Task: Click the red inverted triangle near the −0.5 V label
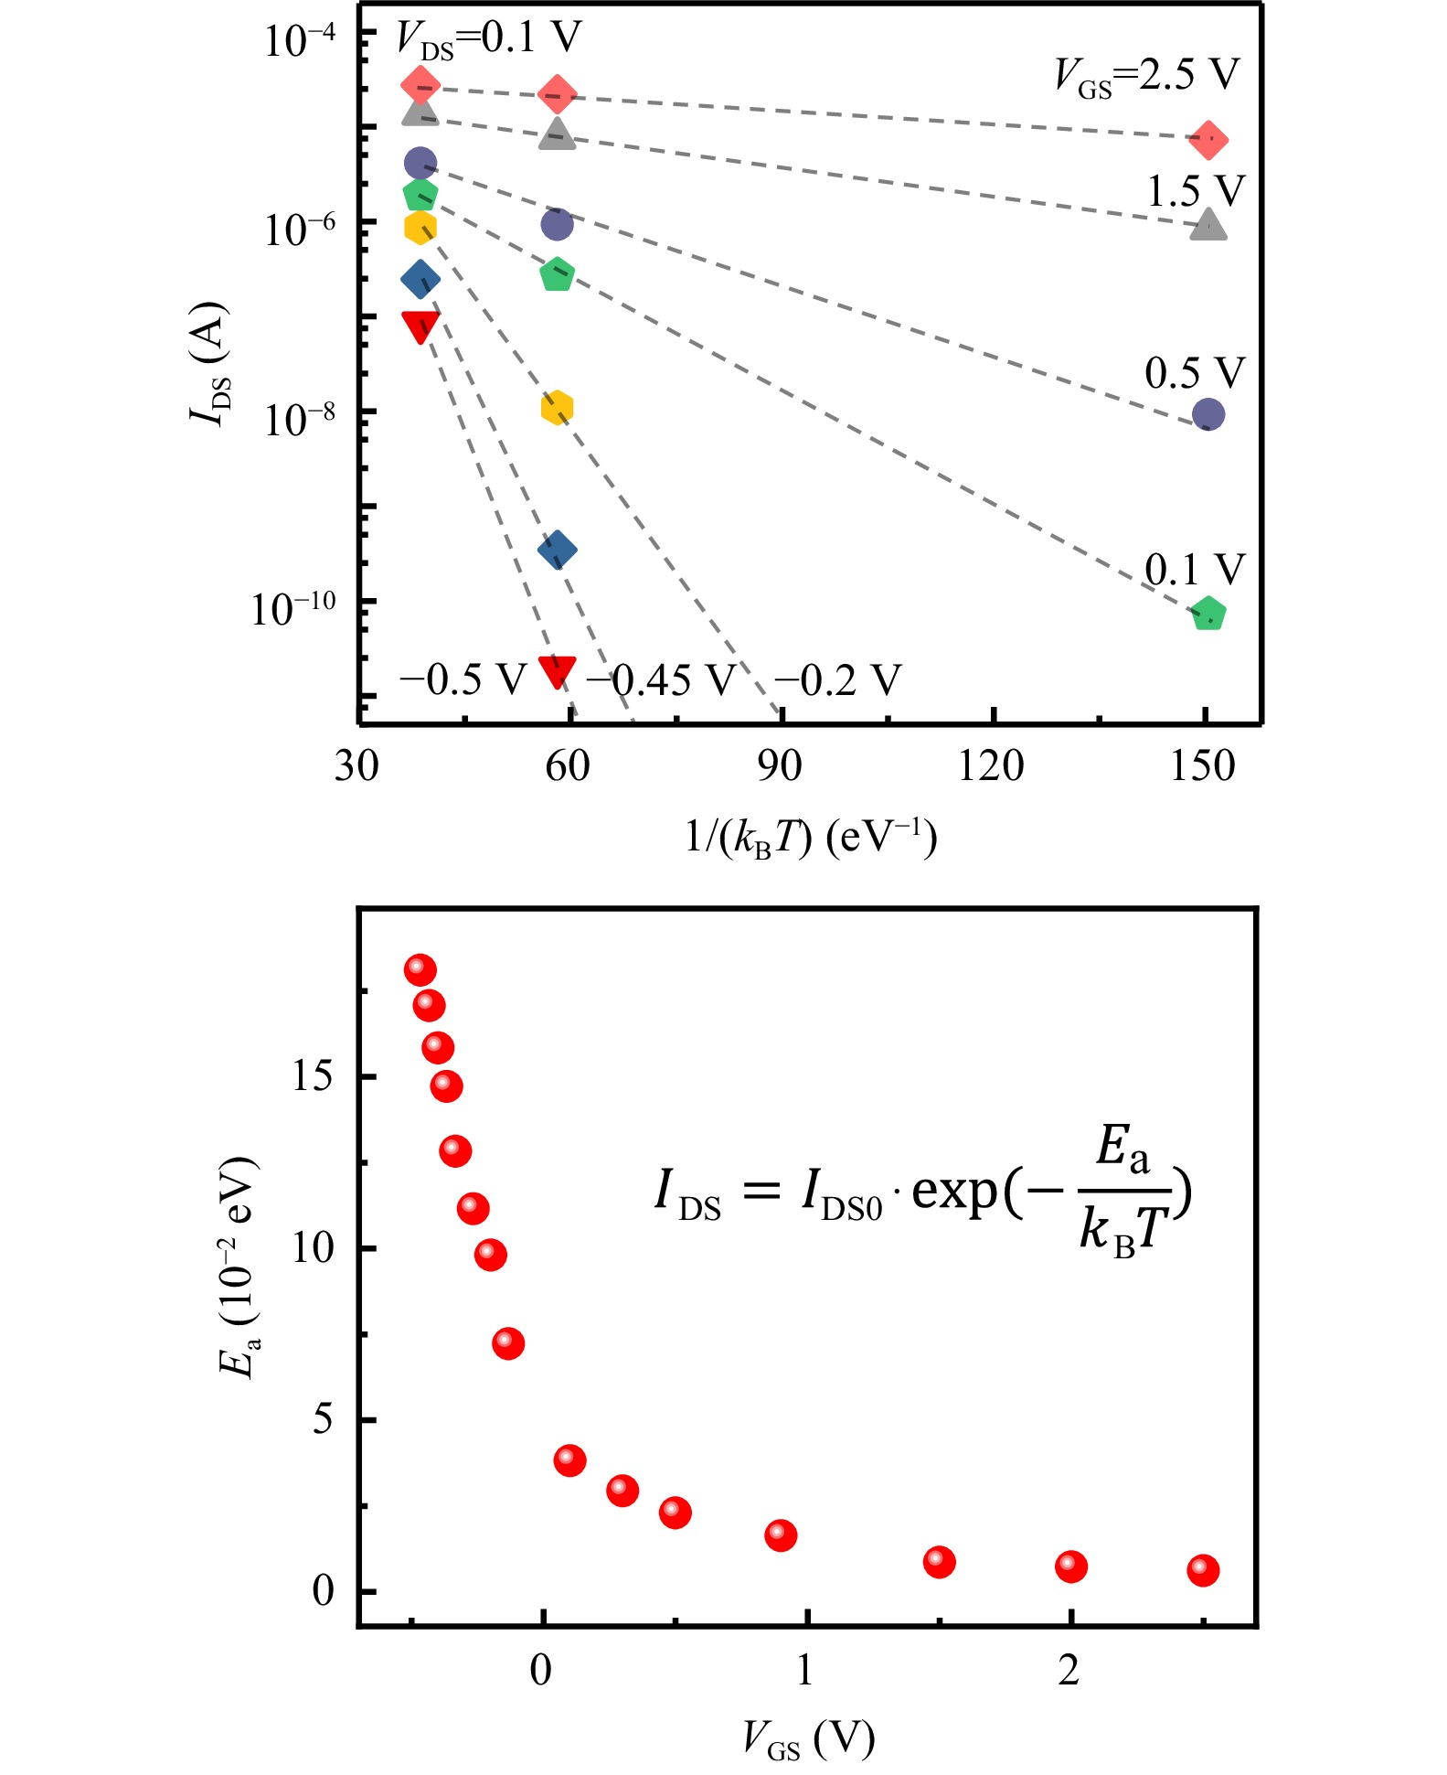pyautogui.click(x=557, y=670)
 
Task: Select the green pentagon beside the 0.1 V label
pyautogui.click(x=1208, y=614)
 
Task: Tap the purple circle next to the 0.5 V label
pyautogui.click(x=1208, y=414)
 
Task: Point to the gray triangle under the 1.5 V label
pyautogui.click(x=1208, y=224)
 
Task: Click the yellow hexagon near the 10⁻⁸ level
pyautogui.click(x=557, y=408)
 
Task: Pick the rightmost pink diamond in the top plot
pyautogui.click(x=1208, y=140)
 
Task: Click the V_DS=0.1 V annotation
pyautogui.click(x=489, y=39)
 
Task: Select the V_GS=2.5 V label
pyautogui.click(x=1147, y=76)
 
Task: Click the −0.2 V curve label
pyautogui.click(x=837, y=680)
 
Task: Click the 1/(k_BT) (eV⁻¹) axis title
pyautogui.click(x=811, y=838)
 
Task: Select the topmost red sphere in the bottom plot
pyautogui.click(x=420, y=969)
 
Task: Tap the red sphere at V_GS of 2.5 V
pyautogui.click(x=1203, y=1570)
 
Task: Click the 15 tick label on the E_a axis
pyautogui.click(x=312, y=1078)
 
